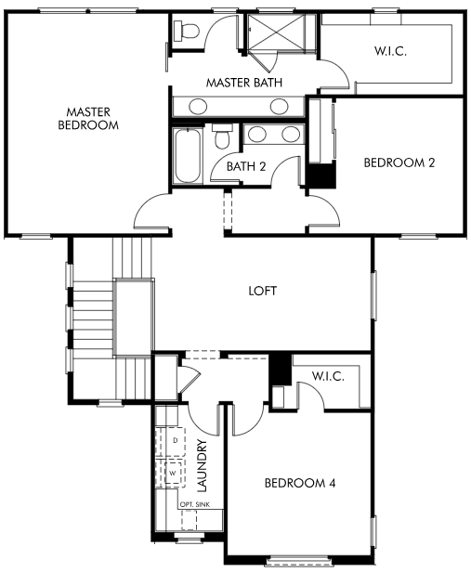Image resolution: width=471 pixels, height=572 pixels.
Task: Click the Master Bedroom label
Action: (88, 118)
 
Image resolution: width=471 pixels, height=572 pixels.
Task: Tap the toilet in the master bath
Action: (187, 31)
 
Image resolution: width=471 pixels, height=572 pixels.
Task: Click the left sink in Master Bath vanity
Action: (198, 107)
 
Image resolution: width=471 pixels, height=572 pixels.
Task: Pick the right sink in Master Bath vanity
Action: (279, 107)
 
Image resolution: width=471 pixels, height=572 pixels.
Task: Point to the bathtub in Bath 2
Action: (188, 156)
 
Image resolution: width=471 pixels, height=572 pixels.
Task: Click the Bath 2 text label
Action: (246, 167)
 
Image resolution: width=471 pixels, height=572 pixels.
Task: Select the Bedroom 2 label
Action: (399, 162)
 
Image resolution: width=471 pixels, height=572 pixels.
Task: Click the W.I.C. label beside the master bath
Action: (390, 51)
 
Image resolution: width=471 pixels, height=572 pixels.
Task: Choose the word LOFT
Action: (262, 291)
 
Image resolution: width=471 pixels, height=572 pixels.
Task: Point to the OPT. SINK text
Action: (195, 504)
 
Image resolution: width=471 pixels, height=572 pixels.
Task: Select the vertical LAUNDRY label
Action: (202, 465)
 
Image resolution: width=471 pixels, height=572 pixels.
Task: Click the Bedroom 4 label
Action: (300, 484)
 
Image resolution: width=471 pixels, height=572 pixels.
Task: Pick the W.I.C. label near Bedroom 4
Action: (328, 376)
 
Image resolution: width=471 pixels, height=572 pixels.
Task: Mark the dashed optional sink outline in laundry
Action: (189, 520)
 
